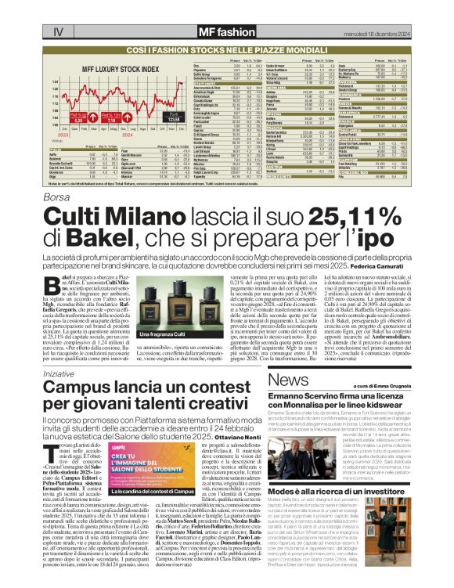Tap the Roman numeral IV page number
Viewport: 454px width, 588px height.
[57, 32]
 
